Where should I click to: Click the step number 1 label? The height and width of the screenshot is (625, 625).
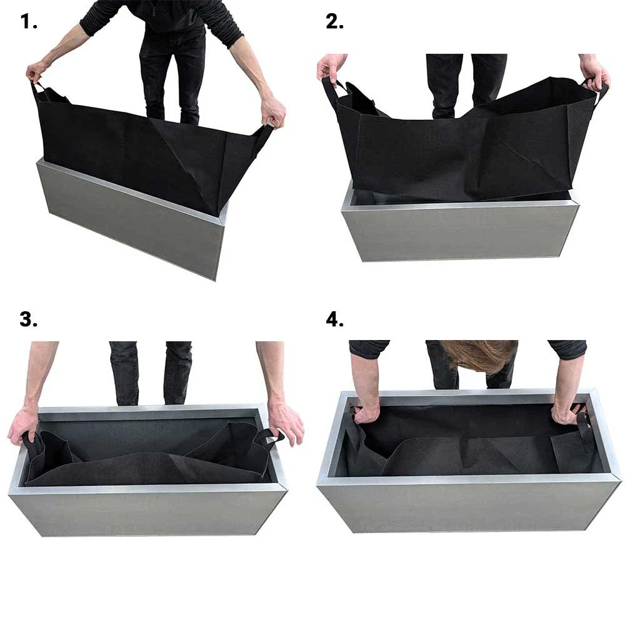pos(29,22)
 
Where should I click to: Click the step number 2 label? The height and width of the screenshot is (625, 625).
pos(335,22)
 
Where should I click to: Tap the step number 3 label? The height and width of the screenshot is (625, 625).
pos(29,319)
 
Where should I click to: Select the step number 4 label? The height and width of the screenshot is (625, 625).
pos(335,319)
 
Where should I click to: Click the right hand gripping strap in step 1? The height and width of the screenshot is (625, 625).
pos(273,114)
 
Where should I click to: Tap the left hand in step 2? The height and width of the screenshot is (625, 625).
pos(331,66)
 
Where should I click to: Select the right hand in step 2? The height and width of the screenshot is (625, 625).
pos(593,71)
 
